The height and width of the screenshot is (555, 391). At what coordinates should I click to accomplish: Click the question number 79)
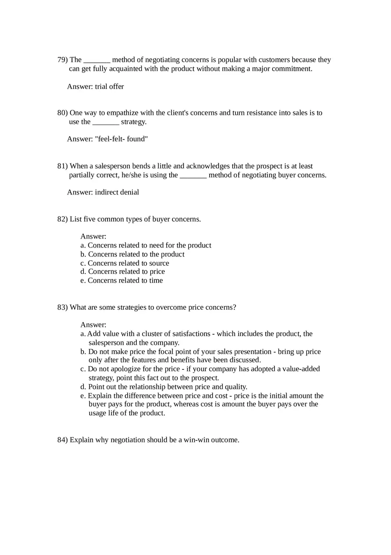62,60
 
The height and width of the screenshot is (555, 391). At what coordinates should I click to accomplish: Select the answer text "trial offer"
109,86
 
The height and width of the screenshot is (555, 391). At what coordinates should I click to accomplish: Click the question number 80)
62,113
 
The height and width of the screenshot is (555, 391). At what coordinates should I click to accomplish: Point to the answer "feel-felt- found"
121,139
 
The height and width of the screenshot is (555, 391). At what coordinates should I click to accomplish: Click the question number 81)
62,166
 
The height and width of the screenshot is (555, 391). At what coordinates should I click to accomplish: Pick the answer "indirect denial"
117,192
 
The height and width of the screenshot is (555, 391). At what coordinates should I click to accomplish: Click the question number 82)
62,219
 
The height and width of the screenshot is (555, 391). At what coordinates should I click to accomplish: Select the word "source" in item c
159,263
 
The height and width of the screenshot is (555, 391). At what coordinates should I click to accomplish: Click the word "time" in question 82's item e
156,280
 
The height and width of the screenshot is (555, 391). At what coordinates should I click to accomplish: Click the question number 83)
62,307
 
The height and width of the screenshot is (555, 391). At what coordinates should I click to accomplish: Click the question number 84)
62,440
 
